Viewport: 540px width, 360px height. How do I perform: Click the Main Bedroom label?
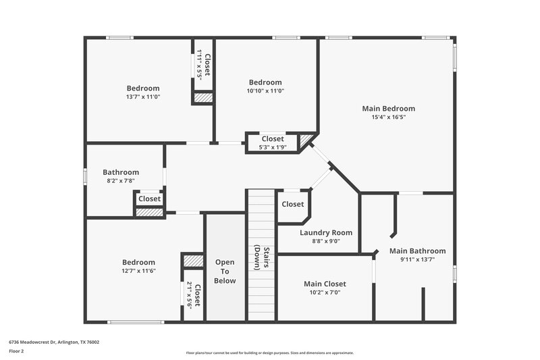[388, 108]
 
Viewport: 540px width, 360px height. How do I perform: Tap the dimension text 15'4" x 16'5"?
[388, 117]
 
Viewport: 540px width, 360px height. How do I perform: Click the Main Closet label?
[325, 284]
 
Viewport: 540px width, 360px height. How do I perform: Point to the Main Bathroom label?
[417, 251]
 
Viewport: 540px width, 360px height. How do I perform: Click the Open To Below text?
[225, 271]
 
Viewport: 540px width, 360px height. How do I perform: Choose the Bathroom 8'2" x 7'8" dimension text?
[121, 181]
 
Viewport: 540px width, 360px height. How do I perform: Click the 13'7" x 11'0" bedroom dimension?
[143, 97]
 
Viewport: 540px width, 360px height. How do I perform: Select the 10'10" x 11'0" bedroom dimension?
[265, 91]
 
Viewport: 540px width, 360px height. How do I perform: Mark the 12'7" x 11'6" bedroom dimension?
[138, 271]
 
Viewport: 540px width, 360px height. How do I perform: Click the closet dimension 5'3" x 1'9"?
[273, 147]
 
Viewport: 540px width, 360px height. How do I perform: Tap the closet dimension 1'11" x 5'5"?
[199, 66]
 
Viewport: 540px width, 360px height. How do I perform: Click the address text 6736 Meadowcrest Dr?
[54, 342]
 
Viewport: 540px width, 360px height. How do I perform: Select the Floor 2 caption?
[17, 351]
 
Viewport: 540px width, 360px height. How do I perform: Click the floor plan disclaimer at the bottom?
[270, 353]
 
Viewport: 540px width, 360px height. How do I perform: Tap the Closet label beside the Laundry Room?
[292, 204]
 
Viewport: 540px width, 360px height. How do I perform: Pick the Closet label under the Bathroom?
[149, 199]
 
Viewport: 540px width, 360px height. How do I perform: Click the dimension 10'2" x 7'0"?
[325, 292]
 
